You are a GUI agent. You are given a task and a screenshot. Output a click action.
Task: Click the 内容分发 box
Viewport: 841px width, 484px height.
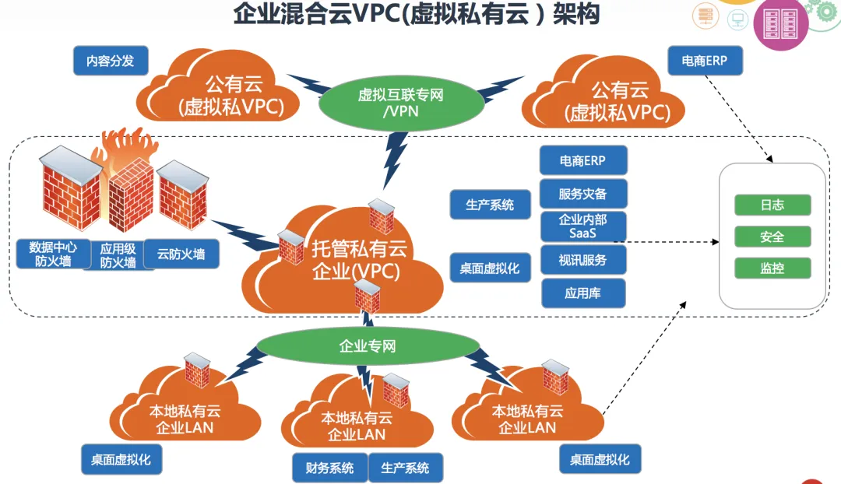point(111,61)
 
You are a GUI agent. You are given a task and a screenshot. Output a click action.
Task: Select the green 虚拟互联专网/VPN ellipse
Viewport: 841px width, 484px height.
point(400,103)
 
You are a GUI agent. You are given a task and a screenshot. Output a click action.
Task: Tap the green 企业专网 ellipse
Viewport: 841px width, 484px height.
point(368,345)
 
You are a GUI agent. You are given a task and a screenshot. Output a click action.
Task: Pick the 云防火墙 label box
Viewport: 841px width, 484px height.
point(181,254)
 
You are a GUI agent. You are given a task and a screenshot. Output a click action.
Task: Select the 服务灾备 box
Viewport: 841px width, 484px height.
point(582,194)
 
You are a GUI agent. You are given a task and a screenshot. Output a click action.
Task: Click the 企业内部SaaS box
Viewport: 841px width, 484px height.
point(582,226)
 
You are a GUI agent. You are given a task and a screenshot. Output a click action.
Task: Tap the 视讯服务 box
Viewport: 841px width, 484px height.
point(582,260)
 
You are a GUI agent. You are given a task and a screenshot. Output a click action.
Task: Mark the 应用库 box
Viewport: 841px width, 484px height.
point(582,293)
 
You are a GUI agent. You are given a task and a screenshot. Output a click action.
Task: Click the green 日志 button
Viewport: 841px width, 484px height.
point(772,205)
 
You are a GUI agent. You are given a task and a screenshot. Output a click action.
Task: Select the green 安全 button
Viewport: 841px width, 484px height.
point(772,237)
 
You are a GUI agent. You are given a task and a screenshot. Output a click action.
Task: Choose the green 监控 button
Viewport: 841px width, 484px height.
point(772,268)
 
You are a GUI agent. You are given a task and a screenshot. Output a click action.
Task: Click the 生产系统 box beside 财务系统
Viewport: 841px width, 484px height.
point(405,468)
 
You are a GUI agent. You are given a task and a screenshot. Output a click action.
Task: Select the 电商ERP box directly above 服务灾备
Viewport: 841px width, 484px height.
point(582,160)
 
